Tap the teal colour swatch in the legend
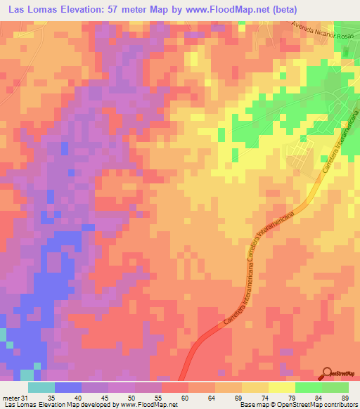tap(41, 387)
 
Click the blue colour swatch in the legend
tap(68, 387)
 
